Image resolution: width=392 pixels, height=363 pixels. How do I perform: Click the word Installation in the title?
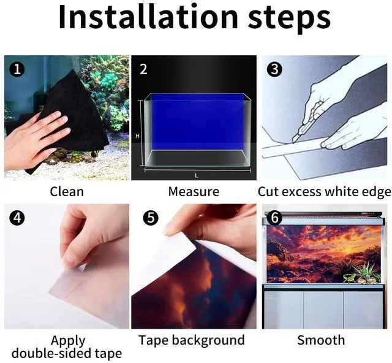148,17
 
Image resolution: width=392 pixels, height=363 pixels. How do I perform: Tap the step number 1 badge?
17,69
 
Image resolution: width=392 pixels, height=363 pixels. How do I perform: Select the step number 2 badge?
143,69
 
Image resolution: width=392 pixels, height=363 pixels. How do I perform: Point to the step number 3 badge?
274,69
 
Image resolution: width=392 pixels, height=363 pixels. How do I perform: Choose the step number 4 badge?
17,218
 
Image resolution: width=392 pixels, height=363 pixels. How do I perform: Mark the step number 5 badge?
151,218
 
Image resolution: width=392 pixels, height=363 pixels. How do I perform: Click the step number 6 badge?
274,218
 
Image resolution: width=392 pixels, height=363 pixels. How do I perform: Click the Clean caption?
67,192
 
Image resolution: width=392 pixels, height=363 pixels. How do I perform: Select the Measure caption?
194,192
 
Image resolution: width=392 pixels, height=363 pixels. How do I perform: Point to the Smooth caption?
321,340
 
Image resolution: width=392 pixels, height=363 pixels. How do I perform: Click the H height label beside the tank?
137,136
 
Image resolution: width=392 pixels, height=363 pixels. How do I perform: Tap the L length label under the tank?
197,176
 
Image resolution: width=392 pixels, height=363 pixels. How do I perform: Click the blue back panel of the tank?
197,122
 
